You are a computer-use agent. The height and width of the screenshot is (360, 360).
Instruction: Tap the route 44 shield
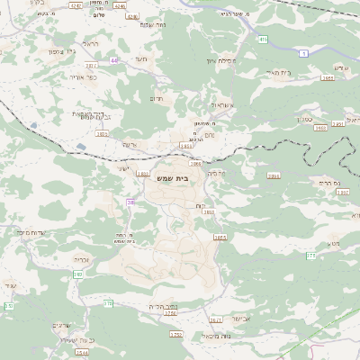(x=114, y=60)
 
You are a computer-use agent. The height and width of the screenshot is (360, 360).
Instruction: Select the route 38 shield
(x=130, y=203)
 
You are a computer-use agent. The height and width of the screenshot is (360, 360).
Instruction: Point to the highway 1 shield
(x=304, y=54)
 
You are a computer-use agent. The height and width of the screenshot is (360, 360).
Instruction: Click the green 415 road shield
(x=262, y=40)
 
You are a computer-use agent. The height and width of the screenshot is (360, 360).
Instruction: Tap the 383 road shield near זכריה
(x=78, y=274)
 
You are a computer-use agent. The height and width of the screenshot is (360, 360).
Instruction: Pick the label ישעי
(x=123, y=168)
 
